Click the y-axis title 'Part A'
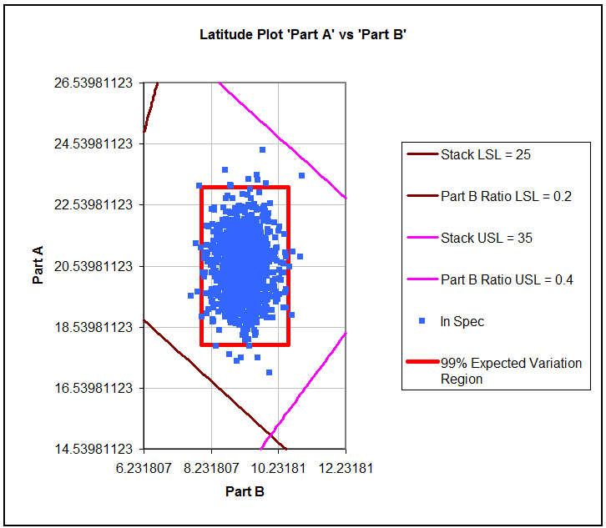(x=38, y=265)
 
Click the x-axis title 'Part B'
(x=245, y=491)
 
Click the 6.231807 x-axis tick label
(x=144, y=468)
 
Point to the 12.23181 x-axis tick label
(x=346, y=468)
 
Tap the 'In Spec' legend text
(x=462, y=321)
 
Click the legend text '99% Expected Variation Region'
(x=511, y=370)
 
